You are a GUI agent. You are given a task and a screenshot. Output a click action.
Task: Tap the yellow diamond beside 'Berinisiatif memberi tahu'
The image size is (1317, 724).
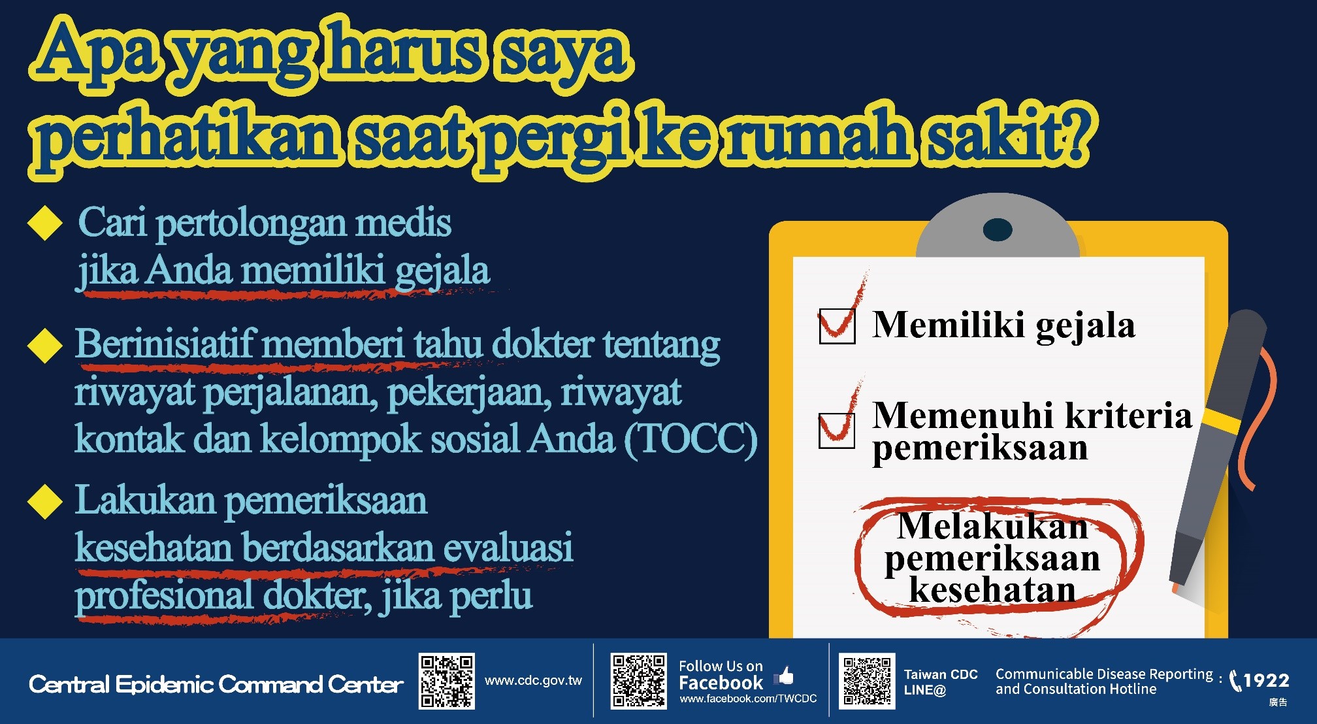[45, 344]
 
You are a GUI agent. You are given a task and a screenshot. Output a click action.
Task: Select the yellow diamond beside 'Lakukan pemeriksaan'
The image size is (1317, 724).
[45, 501]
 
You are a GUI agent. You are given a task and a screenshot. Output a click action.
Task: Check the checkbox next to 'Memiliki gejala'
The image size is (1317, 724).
[837, 326]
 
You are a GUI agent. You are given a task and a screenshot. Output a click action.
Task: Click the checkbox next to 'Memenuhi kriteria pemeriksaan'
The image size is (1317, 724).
[837, 431]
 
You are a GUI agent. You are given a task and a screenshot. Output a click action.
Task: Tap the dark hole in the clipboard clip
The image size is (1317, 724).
[998, 229]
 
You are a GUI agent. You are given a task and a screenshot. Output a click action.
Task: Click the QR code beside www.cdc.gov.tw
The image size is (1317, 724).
[447, 682]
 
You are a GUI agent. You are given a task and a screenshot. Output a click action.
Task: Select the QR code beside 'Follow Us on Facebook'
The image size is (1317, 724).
[639, 682]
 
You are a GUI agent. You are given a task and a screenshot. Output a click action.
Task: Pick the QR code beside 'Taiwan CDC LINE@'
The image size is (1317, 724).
[867, 682]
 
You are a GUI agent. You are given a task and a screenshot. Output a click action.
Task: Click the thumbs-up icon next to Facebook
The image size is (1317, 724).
[784, 676]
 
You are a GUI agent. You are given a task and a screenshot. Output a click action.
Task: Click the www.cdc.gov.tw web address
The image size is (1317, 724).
[533, 680]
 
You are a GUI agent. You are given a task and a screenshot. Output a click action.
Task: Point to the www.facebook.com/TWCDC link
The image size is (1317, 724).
[748, 699]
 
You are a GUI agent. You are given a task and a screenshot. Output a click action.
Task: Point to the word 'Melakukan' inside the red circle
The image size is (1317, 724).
[993, 527]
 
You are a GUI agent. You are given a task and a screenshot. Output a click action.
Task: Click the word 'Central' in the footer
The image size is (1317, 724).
[69, 684]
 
